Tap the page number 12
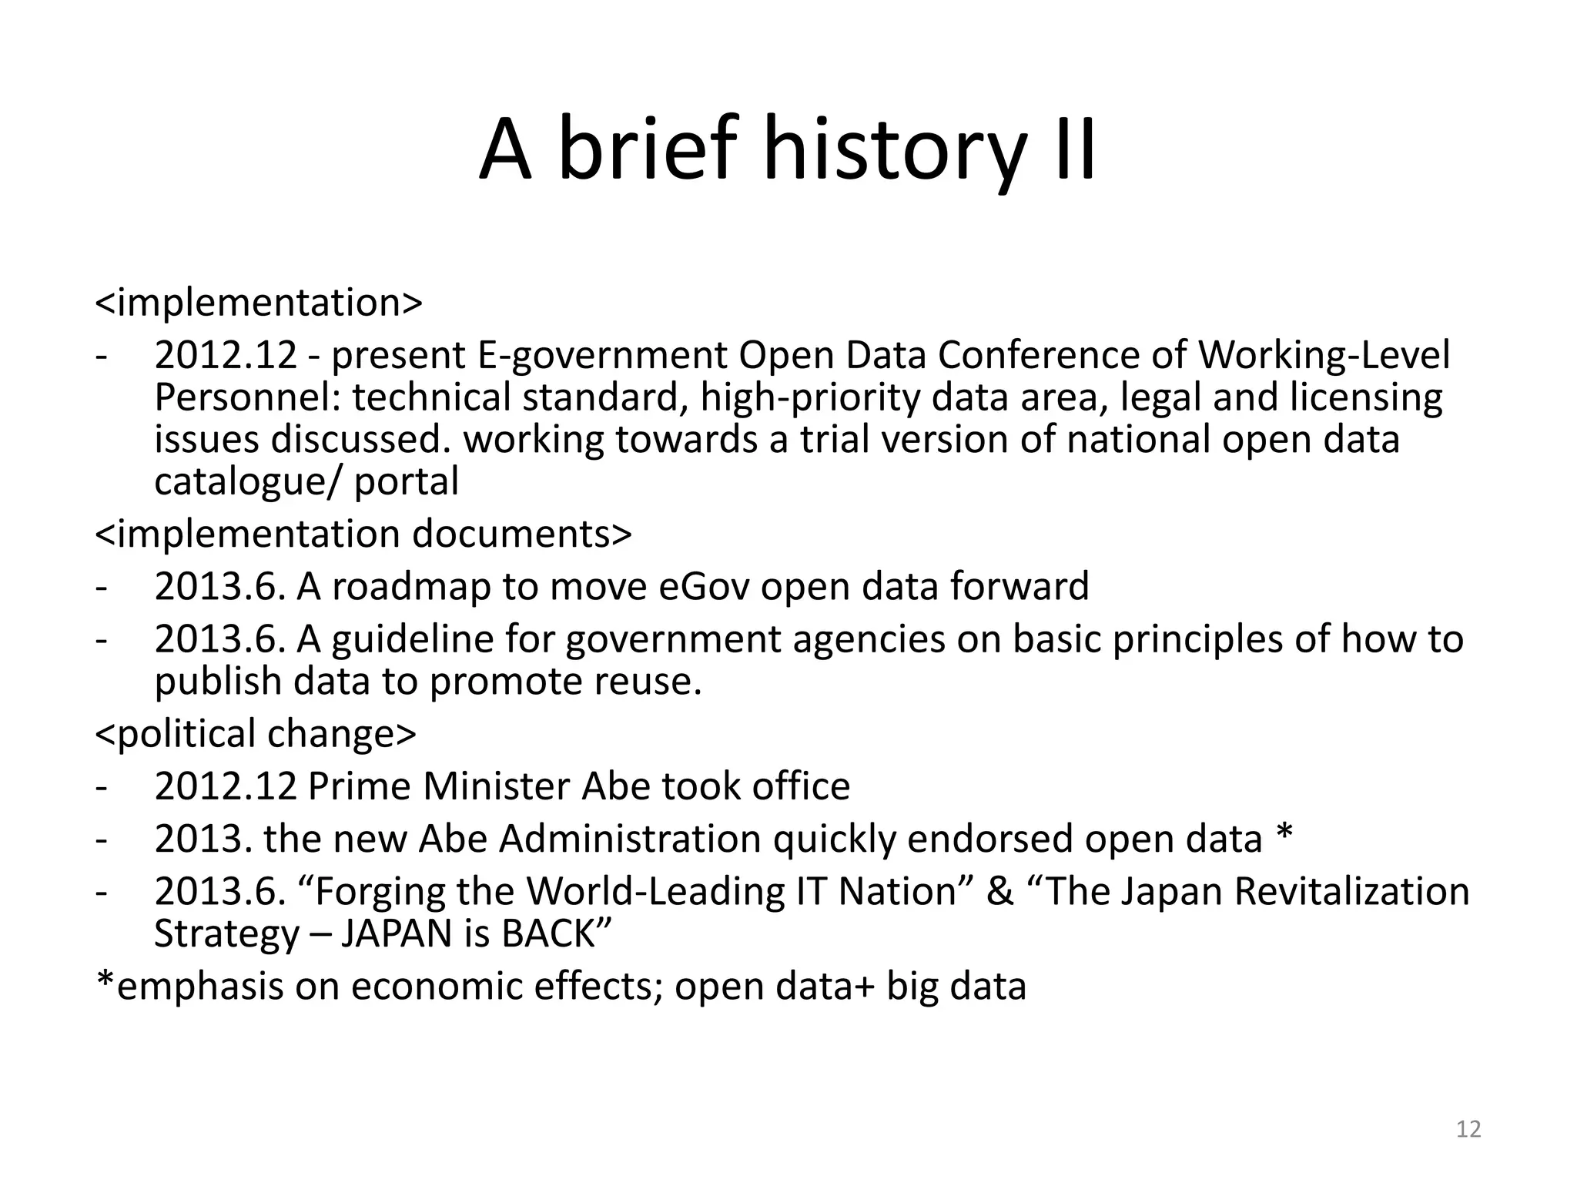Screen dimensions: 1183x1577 click(x=1468, y=1129)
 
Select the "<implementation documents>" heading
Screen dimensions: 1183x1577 click(x=363, y=534)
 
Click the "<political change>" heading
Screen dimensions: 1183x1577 click(x=255, y=733)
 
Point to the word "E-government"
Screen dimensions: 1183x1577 click(x=602, y=356)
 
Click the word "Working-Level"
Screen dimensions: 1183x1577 click(x=1324, y=356)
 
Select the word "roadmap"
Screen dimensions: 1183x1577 click(x=411, y=586)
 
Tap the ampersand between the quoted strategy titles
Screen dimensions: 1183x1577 click(x=999, y=892)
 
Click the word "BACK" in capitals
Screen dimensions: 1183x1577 click(x=548, y=933)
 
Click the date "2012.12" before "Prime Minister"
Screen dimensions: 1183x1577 click(x=226, y=786)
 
